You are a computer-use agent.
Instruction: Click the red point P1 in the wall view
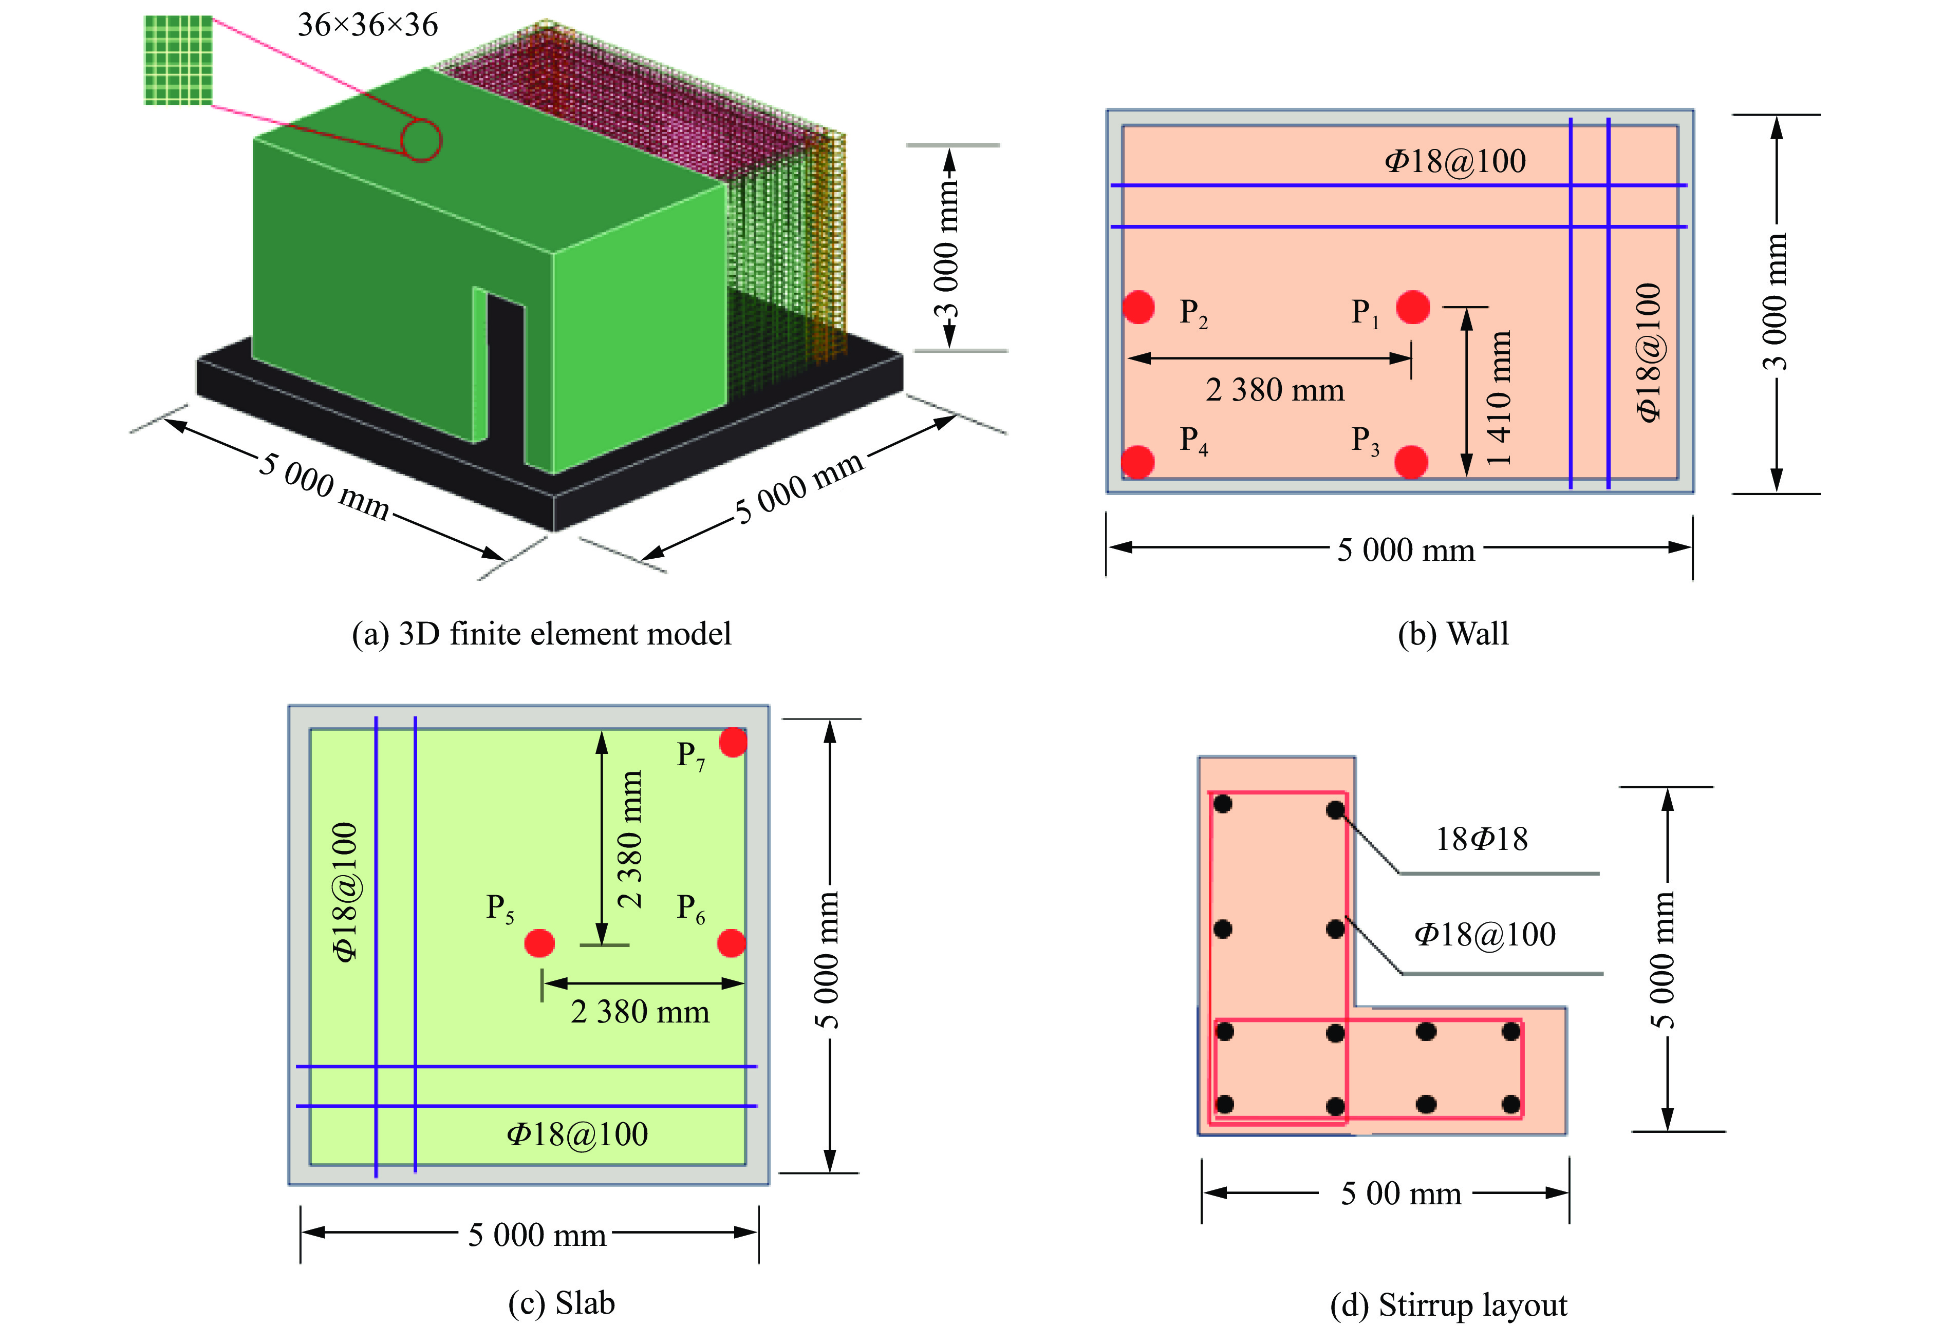tap(1412, 307)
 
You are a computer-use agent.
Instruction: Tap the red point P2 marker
tap(1138, 307)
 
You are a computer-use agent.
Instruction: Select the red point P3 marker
tap(1411, 461)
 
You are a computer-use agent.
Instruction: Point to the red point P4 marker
tap(1137, 461)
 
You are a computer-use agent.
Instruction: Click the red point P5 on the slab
tap(539, 943)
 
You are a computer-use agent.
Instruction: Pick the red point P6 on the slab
tap(731, 943)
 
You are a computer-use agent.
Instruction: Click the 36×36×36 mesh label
tap(368, 25)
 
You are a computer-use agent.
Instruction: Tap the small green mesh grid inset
tap(178, 60)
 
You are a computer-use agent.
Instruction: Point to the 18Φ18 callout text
tap(1481, 839)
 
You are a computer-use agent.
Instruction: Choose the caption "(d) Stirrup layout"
tap(1448, 1303)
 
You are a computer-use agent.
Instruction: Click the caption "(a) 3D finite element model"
tap(541, 633)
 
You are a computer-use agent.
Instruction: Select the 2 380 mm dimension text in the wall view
tap(1274, 390)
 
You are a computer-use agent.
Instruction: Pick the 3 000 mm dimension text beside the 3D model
tap(947, 251)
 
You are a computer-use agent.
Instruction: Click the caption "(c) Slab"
tap(562, 1302)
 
